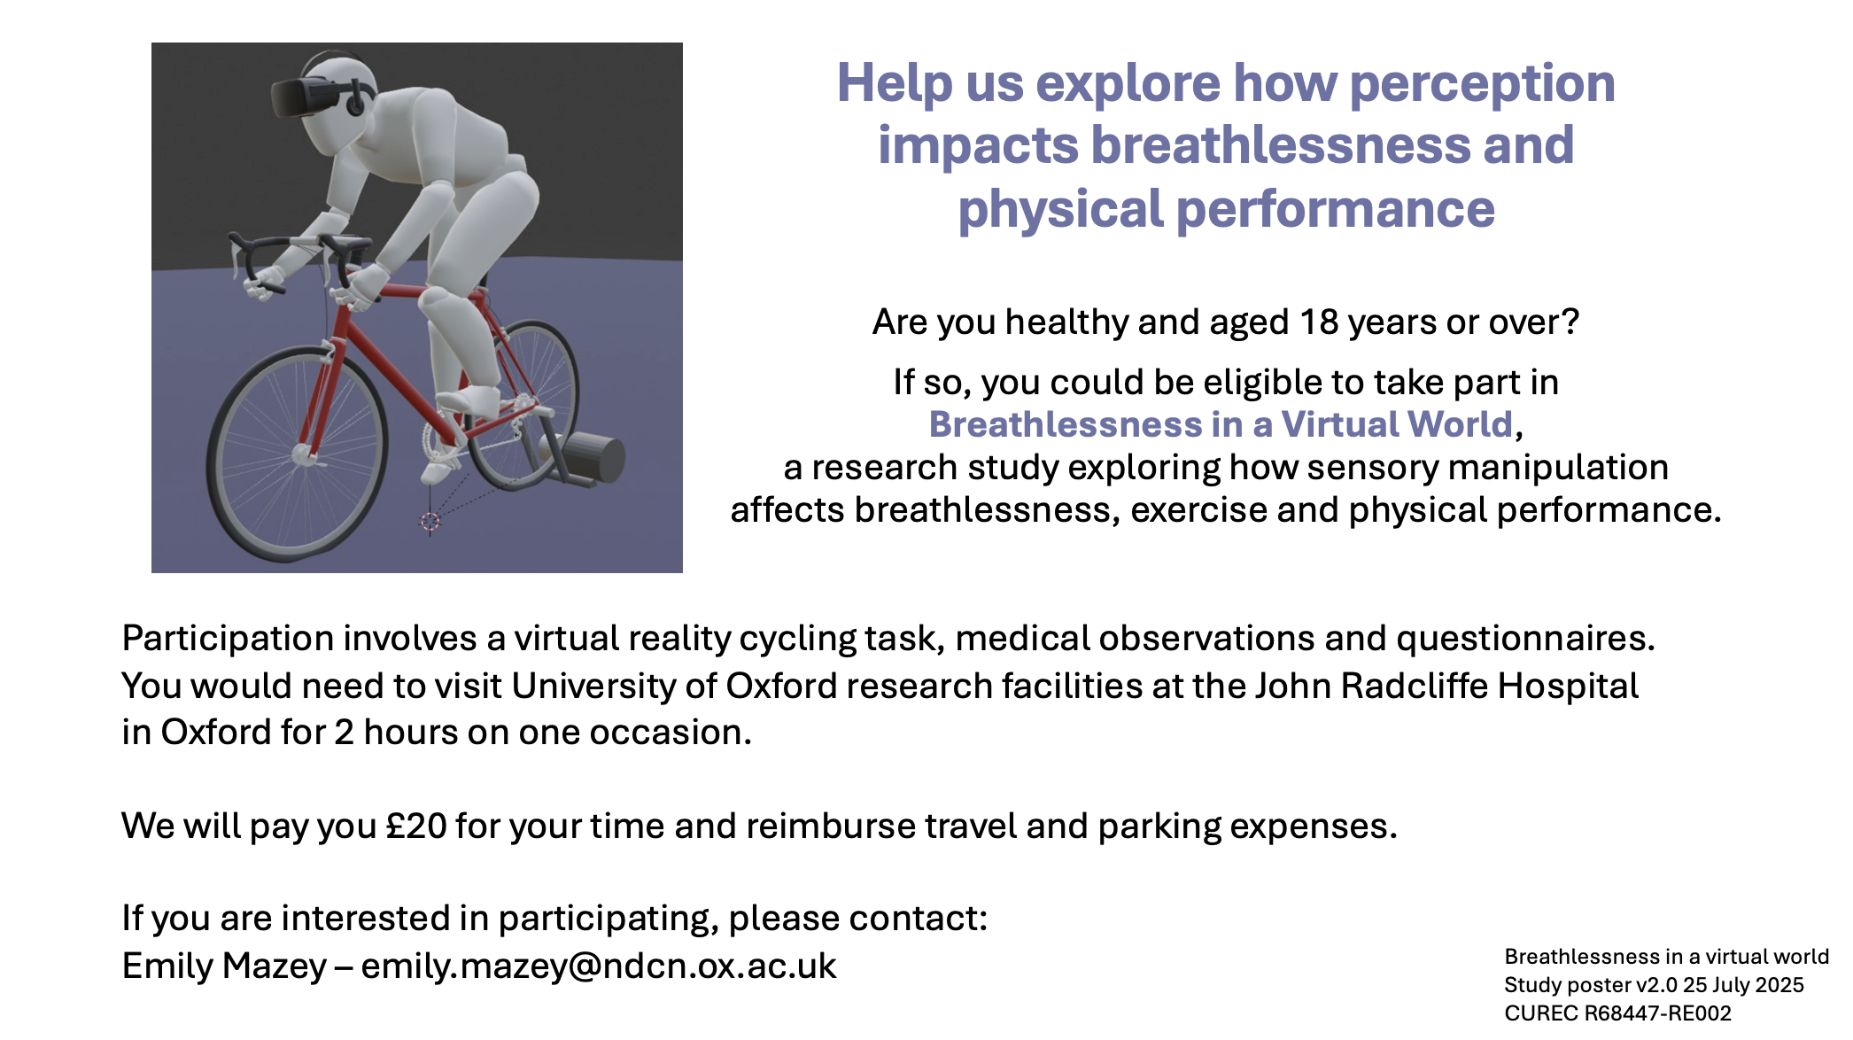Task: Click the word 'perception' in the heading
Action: click(x=1483, y=85)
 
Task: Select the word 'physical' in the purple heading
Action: click(x=1060, y=211)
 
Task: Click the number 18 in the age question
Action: click(x=1319, y=322)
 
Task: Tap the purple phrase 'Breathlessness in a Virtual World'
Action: click(x=1221, y=424)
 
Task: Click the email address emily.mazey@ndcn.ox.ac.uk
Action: click(x=598, y=966)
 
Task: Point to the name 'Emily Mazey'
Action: click(x=224, y=966)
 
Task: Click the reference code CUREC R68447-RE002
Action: click(x=1617, y=1013)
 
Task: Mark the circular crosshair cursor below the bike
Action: click(x=430, y=522)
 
